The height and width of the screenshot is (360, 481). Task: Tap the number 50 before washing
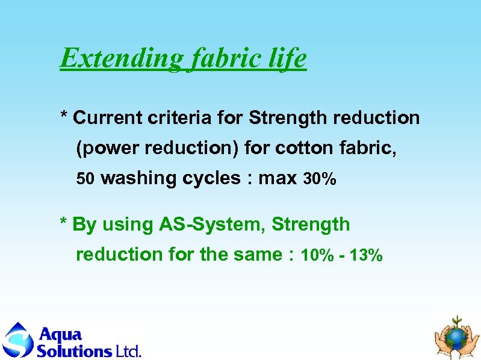pos(85,179)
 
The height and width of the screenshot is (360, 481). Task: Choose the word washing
pos(138,179)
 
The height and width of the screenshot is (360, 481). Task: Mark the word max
pos(278,179)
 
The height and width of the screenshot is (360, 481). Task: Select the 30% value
pos(320,179)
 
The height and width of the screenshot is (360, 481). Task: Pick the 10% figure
pos(317,255)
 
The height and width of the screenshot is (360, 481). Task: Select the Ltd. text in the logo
pos(128,350)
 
